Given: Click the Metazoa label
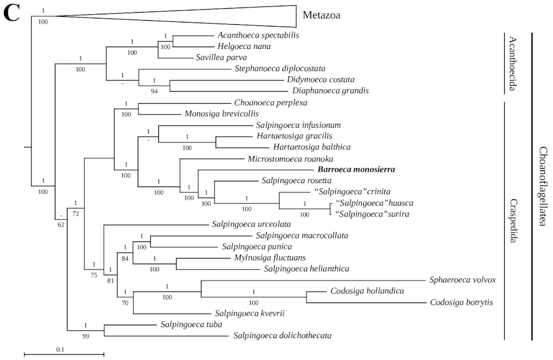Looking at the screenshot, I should coord(321,16).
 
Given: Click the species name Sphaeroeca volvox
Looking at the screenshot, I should coord(463,280).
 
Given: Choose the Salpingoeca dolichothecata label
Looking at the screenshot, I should coord(282,335).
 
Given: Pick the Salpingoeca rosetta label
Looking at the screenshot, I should coord(296,180).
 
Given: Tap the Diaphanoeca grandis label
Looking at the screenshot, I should coord(330,90).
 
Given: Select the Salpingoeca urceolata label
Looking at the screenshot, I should coord(251,223).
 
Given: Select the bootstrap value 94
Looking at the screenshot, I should coord(154,91).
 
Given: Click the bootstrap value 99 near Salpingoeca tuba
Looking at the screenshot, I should coord(86,336).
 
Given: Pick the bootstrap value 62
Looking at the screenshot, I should coord(60,224).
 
